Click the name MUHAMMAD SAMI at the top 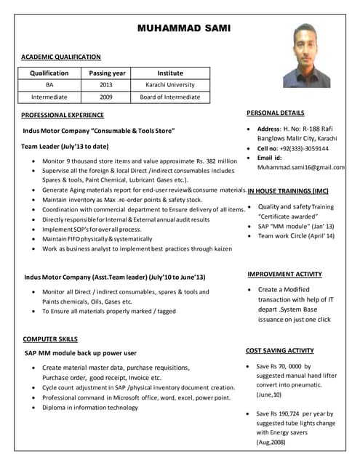[x=183, y=28]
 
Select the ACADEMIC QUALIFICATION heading [x=61, y=57]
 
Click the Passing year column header [x=108, y=73]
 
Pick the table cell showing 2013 [x=107, y=85]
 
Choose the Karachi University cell [x=170, y=85]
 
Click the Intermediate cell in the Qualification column [x=49, y=97]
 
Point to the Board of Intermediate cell [x=170, y=97]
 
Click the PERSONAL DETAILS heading [x=276, y=113]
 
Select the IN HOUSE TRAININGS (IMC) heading [x=288, y=191]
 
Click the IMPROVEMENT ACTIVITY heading [x=284, y=274]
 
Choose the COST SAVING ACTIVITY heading [x=280, y=350]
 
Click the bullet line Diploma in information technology [x=91, y=408]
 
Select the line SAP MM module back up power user [x=81, y=353]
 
